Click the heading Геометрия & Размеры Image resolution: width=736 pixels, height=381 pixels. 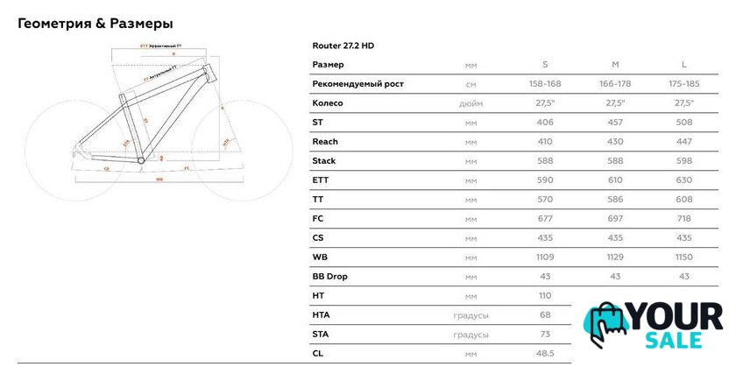[95, 22]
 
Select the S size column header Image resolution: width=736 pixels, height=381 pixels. [545, 65]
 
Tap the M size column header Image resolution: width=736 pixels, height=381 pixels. [614, 65]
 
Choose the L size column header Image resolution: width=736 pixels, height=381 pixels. [683, 65]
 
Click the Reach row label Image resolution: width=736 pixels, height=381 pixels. [325, 142]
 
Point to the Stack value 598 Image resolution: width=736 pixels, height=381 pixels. [683, 161]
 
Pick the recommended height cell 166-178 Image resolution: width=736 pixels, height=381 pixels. [614, 84]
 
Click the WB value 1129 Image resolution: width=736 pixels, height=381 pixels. [614, 258]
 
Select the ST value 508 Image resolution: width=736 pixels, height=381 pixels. [683, 123]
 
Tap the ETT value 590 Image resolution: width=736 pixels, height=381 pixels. [545, 180]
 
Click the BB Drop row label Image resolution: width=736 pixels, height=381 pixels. [329, 277]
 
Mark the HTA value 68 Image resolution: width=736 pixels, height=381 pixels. [545, 315]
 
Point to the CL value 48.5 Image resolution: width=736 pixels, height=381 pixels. [545, 354]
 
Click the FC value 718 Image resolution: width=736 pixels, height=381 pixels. [683, 219]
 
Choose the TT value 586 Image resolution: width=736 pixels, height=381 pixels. [614, 200]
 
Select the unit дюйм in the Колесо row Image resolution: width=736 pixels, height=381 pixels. [471, 103]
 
